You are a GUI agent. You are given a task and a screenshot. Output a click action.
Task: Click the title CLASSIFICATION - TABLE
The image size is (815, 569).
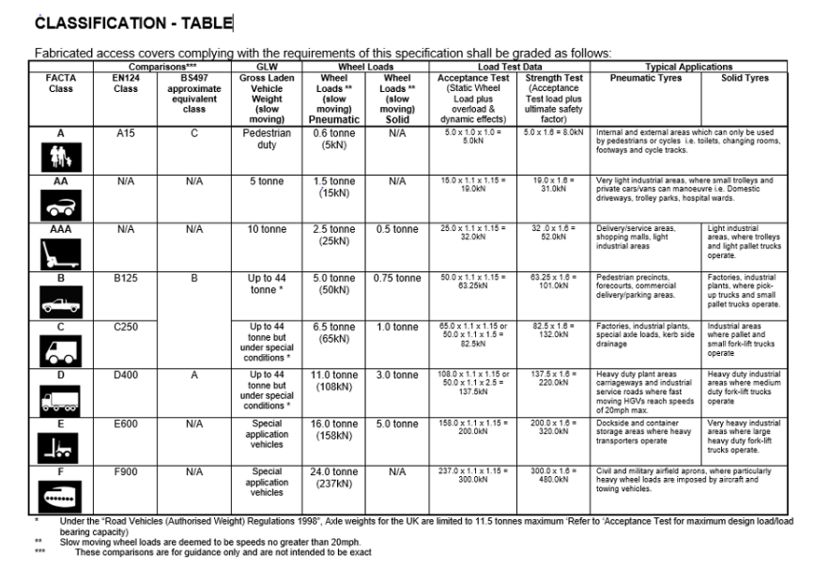(x=132, y=22)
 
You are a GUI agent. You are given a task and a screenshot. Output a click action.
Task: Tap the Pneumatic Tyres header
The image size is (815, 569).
(x=647, y=79)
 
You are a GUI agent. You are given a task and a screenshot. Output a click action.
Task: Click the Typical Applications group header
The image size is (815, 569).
(x=689, y=68)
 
